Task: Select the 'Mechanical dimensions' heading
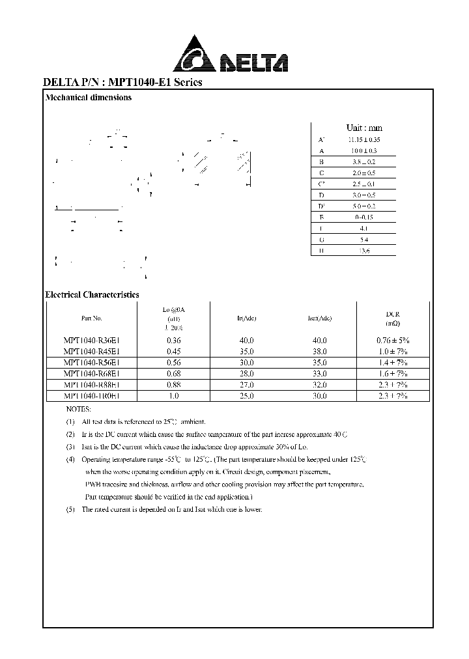click(x=89, y=98)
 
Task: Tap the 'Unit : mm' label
click(x=364, y=128)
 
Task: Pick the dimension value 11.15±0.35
click(x=363, y=139)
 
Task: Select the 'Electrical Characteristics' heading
click(x=92, y=295)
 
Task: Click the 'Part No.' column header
click(x=91, y=318)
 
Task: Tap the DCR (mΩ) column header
click(x=392, y=318)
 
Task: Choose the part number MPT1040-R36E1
click(x=91, y=341)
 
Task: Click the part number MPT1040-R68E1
click(x=91, y=374)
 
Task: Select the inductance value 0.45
click(x=173, y=352)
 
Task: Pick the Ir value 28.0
click(x=247, y=374)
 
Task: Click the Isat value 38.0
click(x=319, y=352)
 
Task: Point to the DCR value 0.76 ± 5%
click(x=392, y=341)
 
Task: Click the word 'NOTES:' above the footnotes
click(x=79, y=410)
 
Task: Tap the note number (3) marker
click(x=70, y=447)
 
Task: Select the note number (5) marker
click(x=70, y=509)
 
